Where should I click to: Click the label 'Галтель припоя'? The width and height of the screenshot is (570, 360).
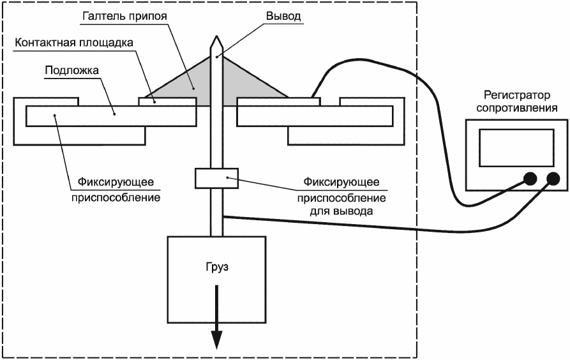tap(124, 16)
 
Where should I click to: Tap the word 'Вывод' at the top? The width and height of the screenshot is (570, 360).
tap(283, 16)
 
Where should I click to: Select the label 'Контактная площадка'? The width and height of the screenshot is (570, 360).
tap(74, 43)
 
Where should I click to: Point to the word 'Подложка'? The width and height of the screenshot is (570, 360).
tap(71, 70)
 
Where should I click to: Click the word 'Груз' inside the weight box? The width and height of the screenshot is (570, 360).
tap(218, 267)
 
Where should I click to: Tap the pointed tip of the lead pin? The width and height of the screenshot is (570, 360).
tap(216, 36)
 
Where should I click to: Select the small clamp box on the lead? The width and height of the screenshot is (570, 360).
tap(216, 178)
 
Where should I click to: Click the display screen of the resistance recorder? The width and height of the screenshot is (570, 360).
tap(516, 147)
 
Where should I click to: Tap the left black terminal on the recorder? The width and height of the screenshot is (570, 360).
tap(530, 179)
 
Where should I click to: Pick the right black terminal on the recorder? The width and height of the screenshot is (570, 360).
tap(553, 179)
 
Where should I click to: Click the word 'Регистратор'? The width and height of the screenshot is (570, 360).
tap(516, 95)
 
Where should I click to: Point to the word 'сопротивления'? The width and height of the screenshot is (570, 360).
tap(516, 108)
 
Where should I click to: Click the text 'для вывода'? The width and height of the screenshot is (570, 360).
tap(341, 212)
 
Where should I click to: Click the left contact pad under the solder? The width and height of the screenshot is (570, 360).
tap(167, 101)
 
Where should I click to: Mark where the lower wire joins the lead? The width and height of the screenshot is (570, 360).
tap(223, 217)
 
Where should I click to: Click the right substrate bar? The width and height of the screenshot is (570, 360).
tap(315, 116)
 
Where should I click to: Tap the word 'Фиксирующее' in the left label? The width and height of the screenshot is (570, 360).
tap(116, 182)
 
